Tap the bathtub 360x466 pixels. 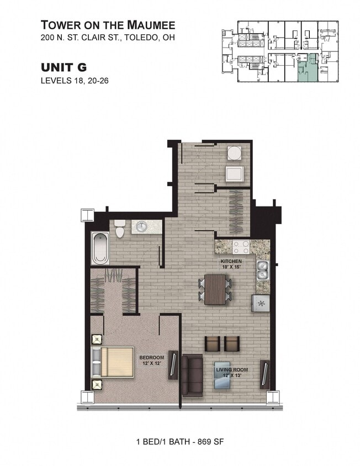tap(100, 248)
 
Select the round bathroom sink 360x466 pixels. tap(142, 227)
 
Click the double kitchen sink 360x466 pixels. tap(262, 269)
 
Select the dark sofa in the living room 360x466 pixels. tap(193, 375)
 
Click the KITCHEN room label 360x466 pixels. tap(231, 261)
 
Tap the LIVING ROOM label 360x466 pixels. tap(231, 369)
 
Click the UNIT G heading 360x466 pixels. tap(64, 67)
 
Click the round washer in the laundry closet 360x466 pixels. tap(235, 153)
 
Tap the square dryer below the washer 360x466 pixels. tap(235, 173)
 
